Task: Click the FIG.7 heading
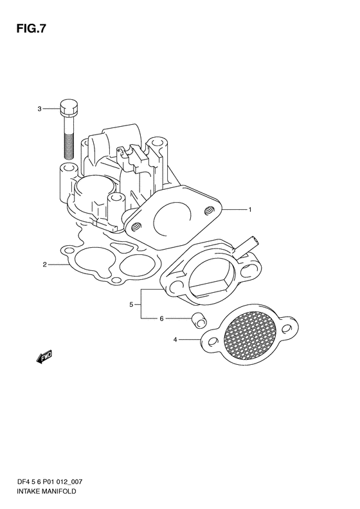[x=31, y=29]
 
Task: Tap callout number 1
[x=249, y=210]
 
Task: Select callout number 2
[x=45, y=264]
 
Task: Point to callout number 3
[x=40, y=109]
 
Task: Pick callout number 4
[x=175, y=340]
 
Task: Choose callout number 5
[x=131, y=304]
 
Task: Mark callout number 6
[x=161, y=319]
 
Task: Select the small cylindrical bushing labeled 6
[x=199, y=320]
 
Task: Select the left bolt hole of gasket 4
[x=212, y=342]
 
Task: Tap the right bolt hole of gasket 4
[x=287, y=328]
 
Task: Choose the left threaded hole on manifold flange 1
[x=136, y=226]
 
